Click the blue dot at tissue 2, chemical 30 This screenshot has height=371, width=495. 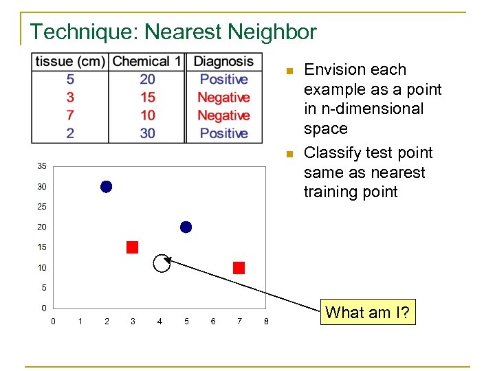(x=106, y=186)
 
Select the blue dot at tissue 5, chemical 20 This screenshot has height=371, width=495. (x=186, y=227)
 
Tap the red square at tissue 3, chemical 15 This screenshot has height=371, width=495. (x=132, y=247)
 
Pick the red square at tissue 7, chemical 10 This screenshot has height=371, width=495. (x=239, y=268)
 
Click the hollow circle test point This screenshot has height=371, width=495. (x=161, y=264)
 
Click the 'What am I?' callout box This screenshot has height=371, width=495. (x=367, y=313)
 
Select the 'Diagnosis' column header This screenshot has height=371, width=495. (x=223, y=62)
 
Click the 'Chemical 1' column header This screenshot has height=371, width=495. (x=146, y=62)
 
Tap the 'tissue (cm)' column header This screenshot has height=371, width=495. (x=70, y=62)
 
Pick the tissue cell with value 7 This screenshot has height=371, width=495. (x=70, y=115)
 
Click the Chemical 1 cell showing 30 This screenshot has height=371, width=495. (x=147, y=133)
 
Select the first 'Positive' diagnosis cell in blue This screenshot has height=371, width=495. (x=223, y=80)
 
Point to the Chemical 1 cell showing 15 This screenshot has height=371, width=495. (x=147, y=98)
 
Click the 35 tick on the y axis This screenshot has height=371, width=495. (x=42, y=166)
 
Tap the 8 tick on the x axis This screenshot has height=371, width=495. (x=266, y=322)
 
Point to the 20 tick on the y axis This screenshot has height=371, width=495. (x=42, y=227)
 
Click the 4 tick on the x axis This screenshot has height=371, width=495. (x=159, y=322)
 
